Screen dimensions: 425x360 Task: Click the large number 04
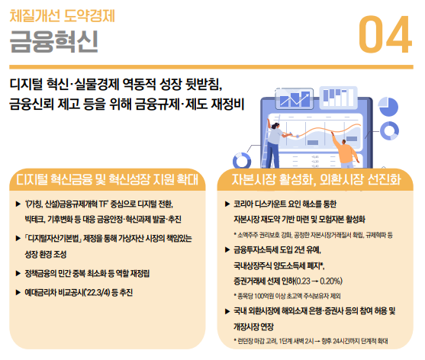[385, 34]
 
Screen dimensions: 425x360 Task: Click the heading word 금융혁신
[53, 41]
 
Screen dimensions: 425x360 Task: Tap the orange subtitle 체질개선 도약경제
[63, 16]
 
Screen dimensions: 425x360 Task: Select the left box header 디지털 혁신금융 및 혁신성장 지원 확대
[108, 179]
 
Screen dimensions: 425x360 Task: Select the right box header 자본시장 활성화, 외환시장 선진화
[316, 179]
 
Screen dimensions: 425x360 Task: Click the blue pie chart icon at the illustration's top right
[388, 107]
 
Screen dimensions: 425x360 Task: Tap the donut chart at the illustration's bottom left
[242, 161]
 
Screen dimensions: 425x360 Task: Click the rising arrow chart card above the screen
[295, 99]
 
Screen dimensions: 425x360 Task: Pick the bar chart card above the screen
[338, 98]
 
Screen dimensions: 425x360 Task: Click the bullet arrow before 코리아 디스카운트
[227, 204]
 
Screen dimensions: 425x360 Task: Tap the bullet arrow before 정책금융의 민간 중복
[18, 273]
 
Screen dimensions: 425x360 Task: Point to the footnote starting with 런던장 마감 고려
[311, 341]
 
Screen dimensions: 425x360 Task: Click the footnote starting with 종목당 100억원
[287, 296]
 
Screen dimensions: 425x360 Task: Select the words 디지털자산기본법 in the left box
[54, 239]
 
